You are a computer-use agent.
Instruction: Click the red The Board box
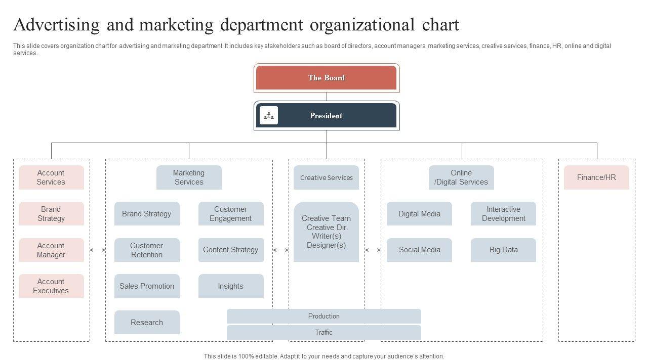pyautogui.click(x=327, y=78)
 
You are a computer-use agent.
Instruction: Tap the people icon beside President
pyautogui.click(x=269, y=115)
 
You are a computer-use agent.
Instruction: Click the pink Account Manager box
pyautogui.click(x=51, y=250)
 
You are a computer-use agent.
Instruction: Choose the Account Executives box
pyautogui.click(x=51, y=286)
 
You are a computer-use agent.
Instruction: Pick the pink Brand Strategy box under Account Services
pyautogui.click(x=51, y=214)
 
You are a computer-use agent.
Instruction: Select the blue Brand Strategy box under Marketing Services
pyautogui.click(x=147, y=214)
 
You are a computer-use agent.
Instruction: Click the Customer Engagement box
pyautogui.click(x=231, y=214)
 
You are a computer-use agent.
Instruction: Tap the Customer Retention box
pyautogui.click(x=147, y=250)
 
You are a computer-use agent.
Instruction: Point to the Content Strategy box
pyautogui.click(x=231, y=250)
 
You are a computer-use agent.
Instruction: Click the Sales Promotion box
pyautogui.click(x=147, y=286)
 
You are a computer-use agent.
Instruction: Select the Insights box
pyautogui.click(x=231, y=286)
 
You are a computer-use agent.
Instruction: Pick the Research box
pyautogui.click(x=147, y=323)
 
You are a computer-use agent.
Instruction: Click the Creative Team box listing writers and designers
pyautogui.click(x=327, y=232)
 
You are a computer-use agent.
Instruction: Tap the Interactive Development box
pyautogui.click(x=503, y=214)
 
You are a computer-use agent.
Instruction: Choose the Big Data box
pyautogui.click(x=503, y=250)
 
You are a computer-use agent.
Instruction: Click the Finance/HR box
pyautogui.click(x=596, y=177)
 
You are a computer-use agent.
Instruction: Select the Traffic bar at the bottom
pyautogui.click(x=324, y=333)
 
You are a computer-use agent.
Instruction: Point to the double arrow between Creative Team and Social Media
pyautogui.click(x=373, y=250)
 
